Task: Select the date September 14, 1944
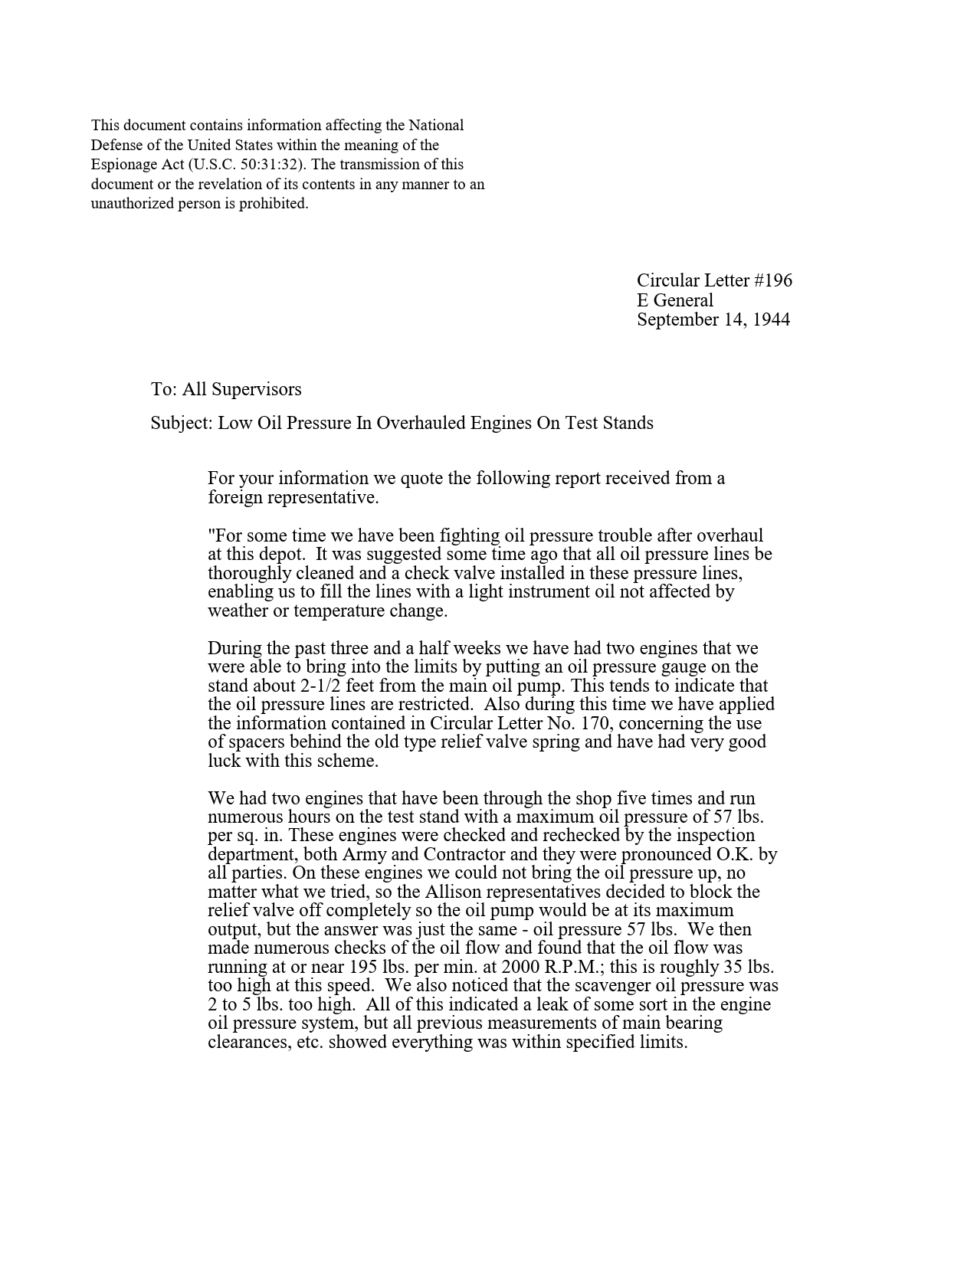(x=713, y=319)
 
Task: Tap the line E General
(x=675, y=300)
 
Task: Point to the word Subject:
(x=182, y=423)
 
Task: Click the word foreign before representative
(x=234, y=497)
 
